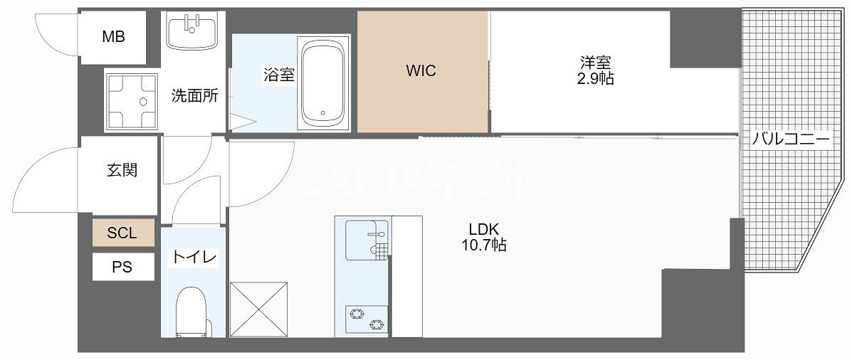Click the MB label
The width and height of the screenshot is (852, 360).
(113, 37)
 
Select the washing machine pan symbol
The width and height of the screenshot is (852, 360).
(132, 100)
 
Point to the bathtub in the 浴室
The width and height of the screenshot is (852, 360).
(325, 83)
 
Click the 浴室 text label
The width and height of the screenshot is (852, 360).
(279, 75)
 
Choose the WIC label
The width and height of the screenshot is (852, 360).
(421, 70)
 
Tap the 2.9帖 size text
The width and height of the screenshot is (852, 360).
(595, 79)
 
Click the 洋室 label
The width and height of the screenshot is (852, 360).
(595, 63)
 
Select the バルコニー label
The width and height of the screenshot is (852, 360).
(791, 139)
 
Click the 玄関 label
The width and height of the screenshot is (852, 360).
(122, 170)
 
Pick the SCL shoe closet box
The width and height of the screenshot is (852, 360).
(122, 233)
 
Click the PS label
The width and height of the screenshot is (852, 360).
(122, 268)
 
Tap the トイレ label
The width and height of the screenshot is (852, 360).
(193, 257)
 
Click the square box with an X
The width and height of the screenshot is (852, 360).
(258, 309)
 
